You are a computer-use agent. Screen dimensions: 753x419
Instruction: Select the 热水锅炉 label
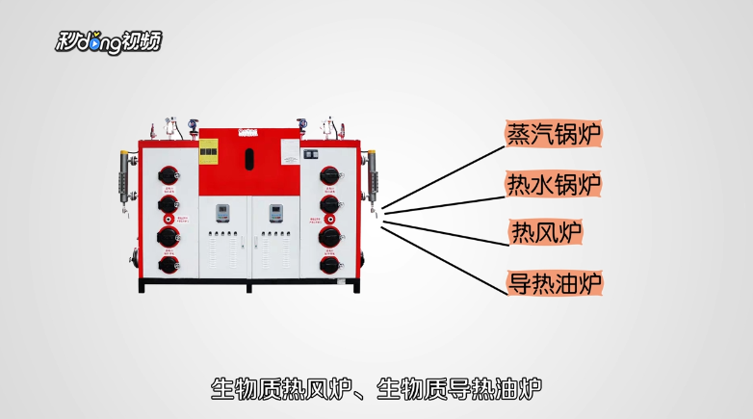tap(554, 183)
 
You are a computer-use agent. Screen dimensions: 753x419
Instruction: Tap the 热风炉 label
tap(546, 232)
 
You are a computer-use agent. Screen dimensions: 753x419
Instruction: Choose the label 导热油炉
tap(554, 282)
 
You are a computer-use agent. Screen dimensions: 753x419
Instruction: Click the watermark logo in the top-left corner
tap(108, 41)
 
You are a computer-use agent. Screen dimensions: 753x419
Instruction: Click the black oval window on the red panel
tap(249, 157)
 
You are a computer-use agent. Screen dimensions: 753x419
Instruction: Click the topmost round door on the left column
tap(169, 176)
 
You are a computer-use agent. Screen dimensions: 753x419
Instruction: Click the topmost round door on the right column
tap(329, 176)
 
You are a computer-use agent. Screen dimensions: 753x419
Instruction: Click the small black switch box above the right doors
tap(311, 153)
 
